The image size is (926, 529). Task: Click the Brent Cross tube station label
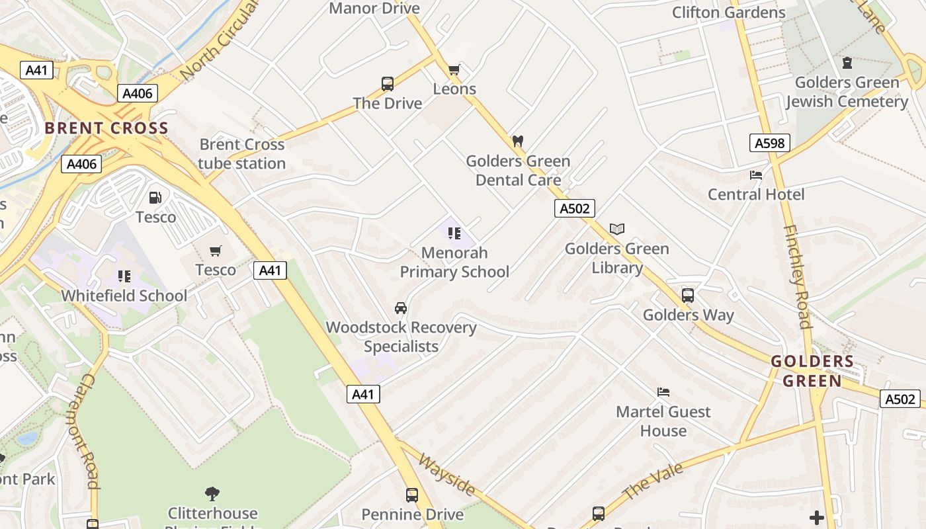(x=242, y=154)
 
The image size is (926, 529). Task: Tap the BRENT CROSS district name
(x=107, y=128)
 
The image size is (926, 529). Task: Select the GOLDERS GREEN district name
(x=812, y=371)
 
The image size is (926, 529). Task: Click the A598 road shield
(x=770, y=143)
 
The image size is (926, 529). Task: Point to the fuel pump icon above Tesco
(x=155, y=198)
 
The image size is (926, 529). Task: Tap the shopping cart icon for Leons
(x=454, y=69)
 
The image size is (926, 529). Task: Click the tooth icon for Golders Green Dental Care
(x=518, y=141)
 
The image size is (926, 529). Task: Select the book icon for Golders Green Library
(x=617, y=229)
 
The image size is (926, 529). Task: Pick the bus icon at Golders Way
(x=688, y=296)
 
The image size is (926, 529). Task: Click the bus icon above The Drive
(x=388, y=84)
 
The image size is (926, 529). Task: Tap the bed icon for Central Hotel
(x=756, y=175)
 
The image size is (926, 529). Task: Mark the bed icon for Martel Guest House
(x=663, y=392)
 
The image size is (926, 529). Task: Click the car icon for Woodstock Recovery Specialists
(x=401, y=308)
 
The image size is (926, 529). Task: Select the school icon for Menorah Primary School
(x=454, y=233)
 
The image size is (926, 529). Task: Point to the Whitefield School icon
(x=124, y=276)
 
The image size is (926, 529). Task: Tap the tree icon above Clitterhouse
(x=212, y=493)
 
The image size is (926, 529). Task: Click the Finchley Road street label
(x=798, y=276)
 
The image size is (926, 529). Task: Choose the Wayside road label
(x=446, y=474)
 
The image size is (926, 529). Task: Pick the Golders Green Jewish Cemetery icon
(x=847, y=63)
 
